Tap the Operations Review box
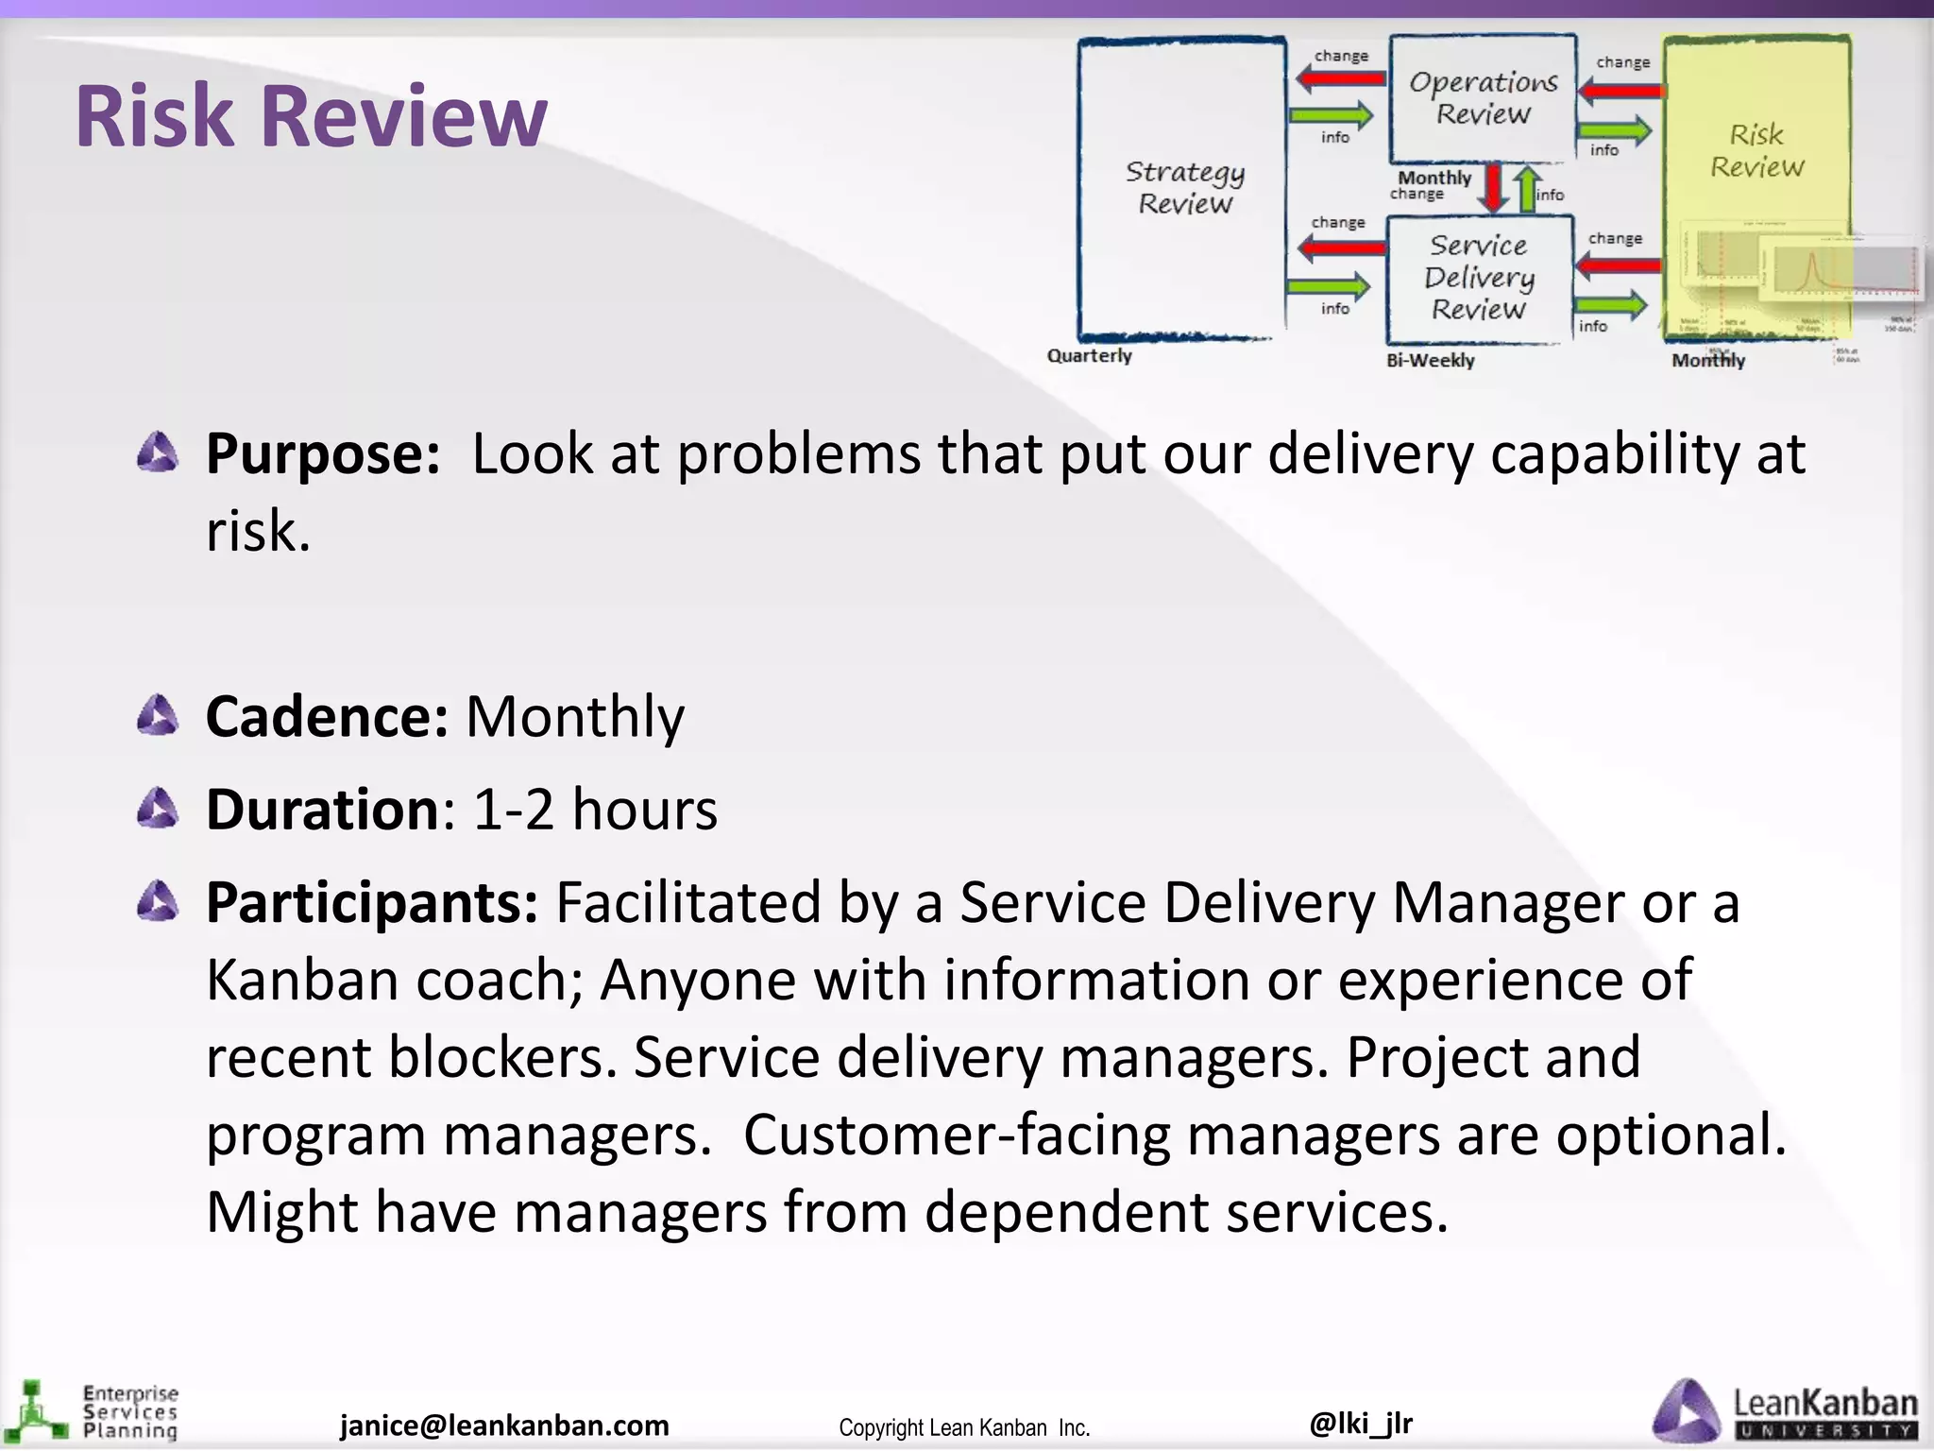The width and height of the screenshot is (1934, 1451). coord(1483,98)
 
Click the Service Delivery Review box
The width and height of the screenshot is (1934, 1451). coord(1479,278)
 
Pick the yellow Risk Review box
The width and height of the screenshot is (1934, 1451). coord(1756,151)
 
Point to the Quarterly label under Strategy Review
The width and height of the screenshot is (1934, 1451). coord(1089,356)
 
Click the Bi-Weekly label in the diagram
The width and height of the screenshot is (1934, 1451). coord(1430,360)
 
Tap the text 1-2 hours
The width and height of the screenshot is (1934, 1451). coord(595,811)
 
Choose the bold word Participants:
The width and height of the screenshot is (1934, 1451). coord(372,902)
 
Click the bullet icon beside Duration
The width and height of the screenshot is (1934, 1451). coord(157,810)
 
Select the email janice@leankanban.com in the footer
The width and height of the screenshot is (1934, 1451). coord(504,1425)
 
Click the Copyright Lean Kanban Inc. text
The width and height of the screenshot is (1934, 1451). coord(964,1427)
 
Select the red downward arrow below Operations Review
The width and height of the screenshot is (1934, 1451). coord(1494,187)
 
